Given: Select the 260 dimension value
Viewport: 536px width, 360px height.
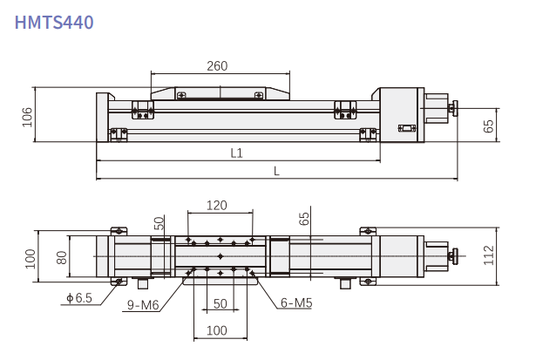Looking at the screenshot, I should click(218, 66).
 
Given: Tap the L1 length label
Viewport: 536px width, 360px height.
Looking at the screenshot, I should click(236, 153).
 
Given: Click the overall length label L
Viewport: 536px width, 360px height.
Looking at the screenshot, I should click(276, 171).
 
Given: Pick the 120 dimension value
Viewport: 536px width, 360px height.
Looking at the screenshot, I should click(218, 206).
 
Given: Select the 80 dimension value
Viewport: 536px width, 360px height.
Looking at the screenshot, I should click(61, 257).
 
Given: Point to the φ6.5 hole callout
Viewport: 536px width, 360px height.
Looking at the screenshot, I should click(78, 298).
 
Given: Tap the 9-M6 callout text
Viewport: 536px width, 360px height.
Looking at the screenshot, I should click(142, 305).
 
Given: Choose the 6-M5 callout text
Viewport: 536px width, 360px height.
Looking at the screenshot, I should click(296, 304).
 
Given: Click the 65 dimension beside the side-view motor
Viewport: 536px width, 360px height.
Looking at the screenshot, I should click(488, 126).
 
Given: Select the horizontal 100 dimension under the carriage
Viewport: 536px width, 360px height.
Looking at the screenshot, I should click(218, 330).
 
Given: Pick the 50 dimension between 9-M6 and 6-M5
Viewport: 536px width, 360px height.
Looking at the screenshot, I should click(220, 304).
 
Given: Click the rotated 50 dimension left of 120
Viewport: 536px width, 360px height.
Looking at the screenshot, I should click(159, 224).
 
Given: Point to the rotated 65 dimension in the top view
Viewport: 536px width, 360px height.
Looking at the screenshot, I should click(304, 219).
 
